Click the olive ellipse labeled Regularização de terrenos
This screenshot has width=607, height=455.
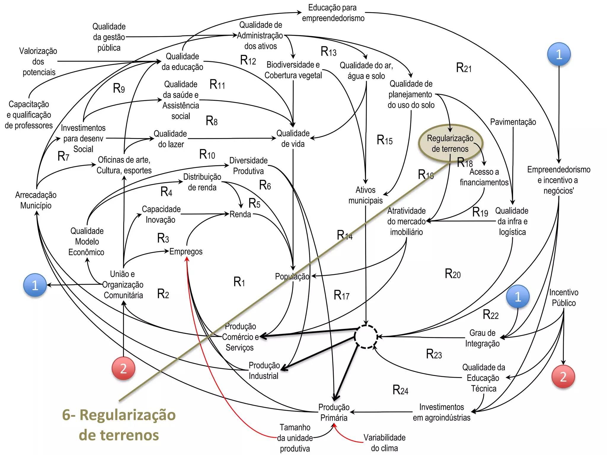point(450,143)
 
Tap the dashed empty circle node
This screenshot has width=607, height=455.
point(366,337)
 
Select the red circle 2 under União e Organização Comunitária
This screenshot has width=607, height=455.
point(123,368)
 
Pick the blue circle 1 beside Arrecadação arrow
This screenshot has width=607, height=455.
point(35,285)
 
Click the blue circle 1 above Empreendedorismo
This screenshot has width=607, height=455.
point(559,54)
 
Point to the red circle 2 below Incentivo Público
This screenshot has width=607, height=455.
point(563,377)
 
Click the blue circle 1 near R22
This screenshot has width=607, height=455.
point(517,297)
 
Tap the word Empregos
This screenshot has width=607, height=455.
point(186,251)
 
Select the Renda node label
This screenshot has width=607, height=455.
point(240,214)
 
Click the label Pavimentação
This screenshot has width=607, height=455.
point(513,122)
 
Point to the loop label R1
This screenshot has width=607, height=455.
point(239,282)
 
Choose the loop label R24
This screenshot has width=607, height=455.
point(400,390)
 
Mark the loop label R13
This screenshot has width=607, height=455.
point(328,52)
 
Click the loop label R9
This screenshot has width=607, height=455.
point(119,88)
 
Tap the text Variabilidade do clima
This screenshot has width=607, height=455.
point(384,443)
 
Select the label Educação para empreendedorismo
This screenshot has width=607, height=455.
point(333,13)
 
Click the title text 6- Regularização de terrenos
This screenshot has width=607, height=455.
point(119,425)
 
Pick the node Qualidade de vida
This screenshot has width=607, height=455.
point(293,138)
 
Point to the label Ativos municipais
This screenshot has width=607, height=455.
point(365,195)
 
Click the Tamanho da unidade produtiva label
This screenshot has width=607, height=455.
point(295,438)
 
